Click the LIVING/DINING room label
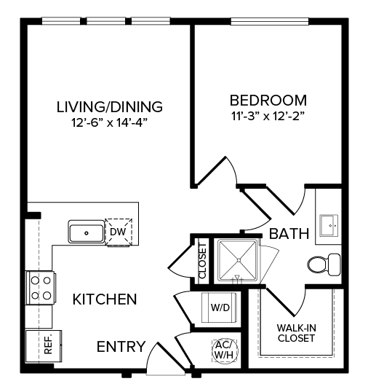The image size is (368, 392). (109, 106)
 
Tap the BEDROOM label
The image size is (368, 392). (268, 100)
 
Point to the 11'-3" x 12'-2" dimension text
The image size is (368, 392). (268, 115)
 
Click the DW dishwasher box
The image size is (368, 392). (117, 232)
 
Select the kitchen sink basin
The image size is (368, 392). (87, 232)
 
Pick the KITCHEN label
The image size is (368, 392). (105, 299)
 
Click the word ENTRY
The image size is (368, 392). (121, 346)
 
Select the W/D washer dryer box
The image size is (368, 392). (220, 307)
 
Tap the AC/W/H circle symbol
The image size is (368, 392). (222, 350)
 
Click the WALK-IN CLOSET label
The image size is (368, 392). (295, 332)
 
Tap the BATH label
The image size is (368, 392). (289, 234)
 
